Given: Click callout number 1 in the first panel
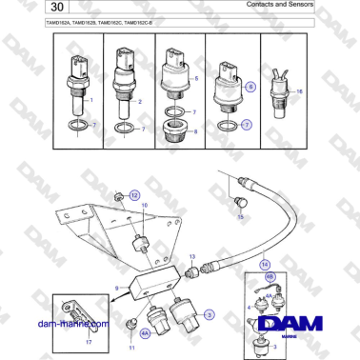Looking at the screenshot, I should coord(91,99).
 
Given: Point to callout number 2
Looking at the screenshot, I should coord(139,100).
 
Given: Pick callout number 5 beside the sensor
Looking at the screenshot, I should coord(195,76).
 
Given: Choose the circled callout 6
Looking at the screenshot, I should coord(250,86).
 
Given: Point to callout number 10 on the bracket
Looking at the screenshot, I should coord(145,205).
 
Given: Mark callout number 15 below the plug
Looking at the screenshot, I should coord(240,217).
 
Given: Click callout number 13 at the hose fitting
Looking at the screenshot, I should coord(190,257).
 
